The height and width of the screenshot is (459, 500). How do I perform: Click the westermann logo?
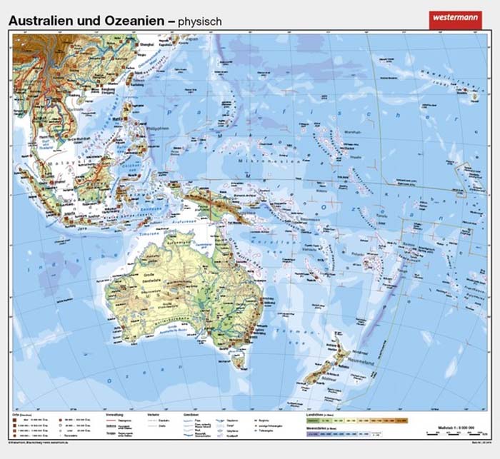click(455, 19)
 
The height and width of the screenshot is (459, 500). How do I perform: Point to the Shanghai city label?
click(149, 44)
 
